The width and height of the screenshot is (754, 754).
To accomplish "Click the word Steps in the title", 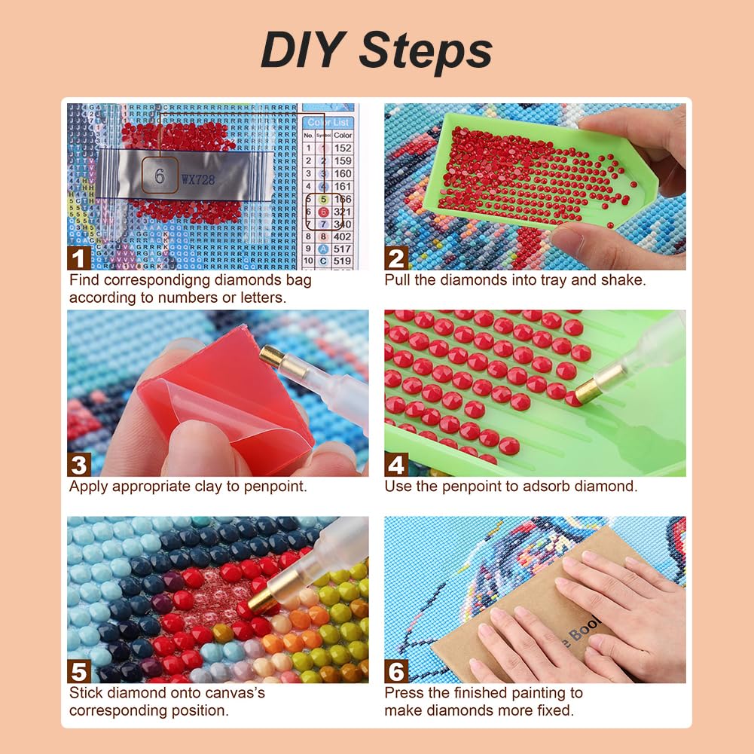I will (x=426, y=51).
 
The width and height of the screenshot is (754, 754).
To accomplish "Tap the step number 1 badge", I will (x=78, y=258).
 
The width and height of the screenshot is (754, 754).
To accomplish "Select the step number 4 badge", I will (x=396, y=464).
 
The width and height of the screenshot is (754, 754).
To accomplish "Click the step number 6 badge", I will (x=396, y=670).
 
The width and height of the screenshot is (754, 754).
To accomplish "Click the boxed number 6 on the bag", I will (x=160, y=176).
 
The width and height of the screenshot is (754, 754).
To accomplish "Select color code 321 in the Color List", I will (x=343, y=212).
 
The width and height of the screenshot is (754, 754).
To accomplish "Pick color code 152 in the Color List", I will (x=343, y=148).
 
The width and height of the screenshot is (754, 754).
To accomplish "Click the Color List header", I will (x=329, y=122).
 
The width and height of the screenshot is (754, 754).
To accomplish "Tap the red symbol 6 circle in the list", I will (x=322, y=212).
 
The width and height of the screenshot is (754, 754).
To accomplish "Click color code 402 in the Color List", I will (x=343, y=237).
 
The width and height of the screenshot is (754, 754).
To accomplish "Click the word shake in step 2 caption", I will (x=625, y=280).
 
